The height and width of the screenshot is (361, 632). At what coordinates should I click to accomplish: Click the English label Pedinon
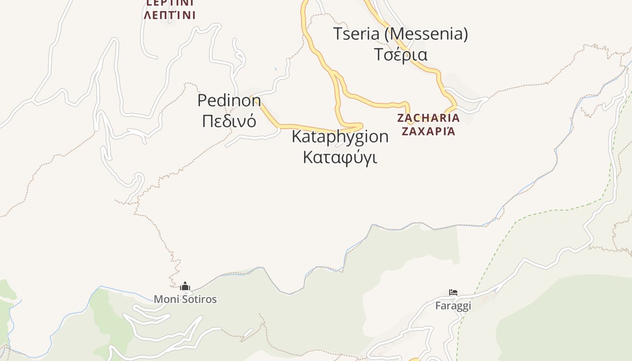[x=229, y=100]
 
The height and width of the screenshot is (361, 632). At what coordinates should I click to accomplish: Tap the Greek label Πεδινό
[x=229, y=121]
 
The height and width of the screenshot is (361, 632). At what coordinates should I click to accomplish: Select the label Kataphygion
[x=340, y=136]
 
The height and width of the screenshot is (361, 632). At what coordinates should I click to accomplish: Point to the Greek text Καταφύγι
[x=340, y=157]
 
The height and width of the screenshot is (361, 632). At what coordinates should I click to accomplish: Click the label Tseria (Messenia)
[x=400, y=34]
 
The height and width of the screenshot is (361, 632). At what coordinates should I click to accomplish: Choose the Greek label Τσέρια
[x=401, y=54]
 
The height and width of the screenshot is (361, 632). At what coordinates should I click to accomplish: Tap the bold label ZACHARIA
[x=428, y=118]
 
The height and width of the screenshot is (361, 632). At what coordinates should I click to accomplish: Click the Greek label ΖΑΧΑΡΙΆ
[x=428, y=131]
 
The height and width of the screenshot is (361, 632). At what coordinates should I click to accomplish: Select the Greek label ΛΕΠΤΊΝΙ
[x=170, y=15]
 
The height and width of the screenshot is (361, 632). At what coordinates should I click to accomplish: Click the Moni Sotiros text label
[x=185, y=299]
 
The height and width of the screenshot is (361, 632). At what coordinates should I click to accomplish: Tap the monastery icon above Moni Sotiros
[x=185, y=287]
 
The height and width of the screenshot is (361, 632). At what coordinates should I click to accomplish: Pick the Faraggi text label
[x=453, y=306]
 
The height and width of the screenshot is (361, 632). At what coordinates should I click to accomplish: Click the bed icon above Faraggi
[x=453, y=293]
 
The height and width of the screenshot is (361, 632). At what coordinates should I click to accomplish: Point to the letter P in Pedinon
[x=202, y=100]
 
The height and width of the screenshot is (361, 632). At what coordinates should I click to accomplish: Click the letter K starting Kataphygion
[x=297, y=136]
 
